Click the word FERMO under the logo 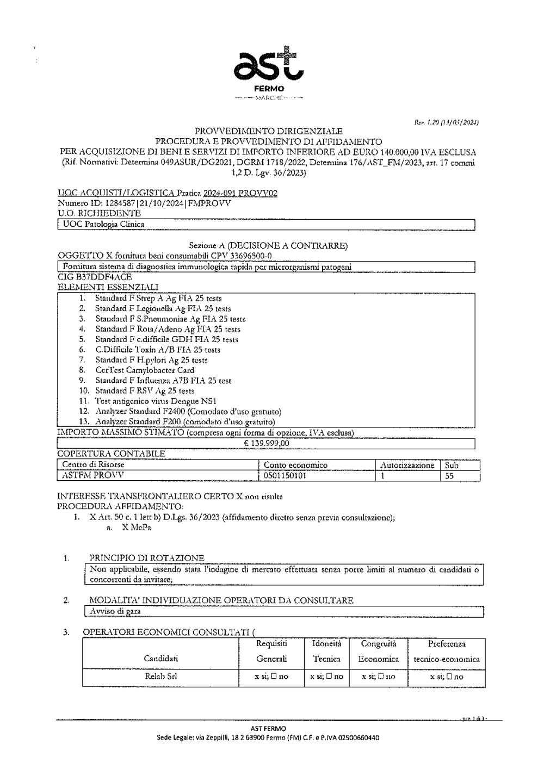click(269, 89)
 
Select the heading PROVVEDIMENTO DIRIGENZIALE click(269, 131)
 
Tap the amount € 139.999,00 click(267, 443)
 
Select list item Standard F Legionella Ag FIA click(163, 308)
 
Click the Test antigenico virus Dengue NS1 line click(156, 401)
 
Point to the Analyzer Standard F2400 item click(188, 411)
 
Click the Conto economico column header click(295, 465)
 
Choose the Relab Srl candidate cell click(160, 677)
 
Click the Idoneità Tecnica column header click(326, 651)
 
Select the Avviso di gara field click(115, 611)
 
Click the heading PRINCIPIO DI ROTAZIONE click(147, 558)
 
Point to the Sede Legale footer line click(268, 738)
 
